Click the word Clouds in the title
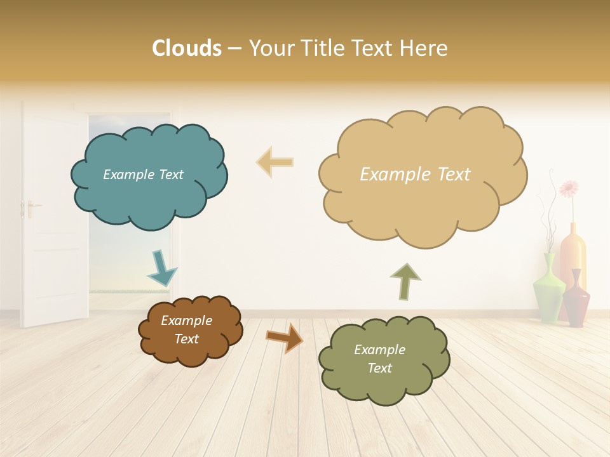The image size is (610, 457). pos(187,48)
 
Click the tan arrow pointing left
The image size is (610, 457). pos(274,162)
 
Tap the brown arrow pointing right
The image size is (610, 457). pos(284,337)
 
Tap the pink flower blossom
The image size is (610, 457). pos(569,188)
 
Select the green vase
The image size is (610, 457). pos(548,289)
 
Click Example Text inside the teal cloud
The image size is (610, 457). pos(143,175)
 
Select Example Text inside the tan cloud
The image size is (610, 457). pos(415,175)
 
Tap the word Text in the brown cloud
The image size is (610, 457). pos(187,339)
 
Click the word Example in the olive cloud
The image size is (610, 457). pos(379,350)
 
